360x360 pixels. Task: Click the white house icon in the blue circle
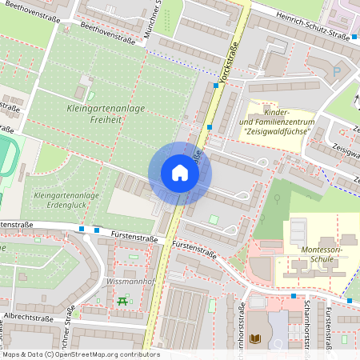180,173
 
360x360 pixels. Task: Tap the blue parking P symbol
336,71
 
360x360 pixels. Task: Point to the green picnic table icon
122,301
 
